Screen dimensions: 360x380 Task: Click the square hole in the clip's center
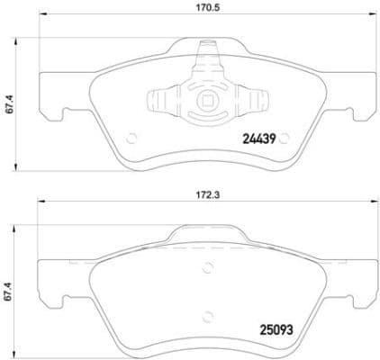(208, 102)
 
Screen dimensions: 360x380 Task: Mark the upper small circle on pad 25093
(209, 265)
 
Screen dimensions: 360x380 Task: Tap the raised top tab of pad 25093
(209, 233)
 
